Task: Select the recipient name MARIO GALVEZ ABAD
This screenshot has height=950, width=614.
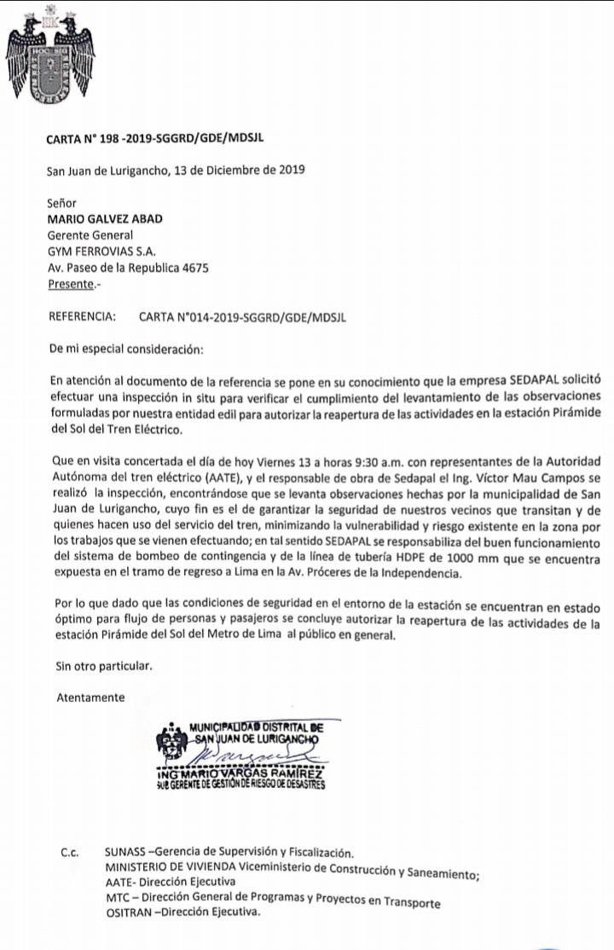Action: coord(105,218)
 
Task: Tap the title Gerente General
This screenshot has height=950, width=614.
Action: coord(90,235)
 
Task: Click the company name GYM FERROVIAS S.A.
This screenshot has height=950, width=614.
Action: coord(101,251)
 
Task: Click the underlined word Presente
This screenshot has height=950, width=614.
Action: coord(72,284)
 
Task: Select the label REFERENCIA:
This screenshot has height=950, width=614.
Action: coord(82,317)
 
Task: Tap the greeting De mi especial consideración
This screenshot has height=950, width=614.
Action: coord(126,350)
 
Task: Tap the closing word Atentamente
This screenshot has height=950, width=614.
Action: coord(90,697)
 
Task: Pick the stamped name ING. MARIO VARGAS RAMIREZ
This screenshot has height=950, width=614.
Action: coord(240,773)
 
